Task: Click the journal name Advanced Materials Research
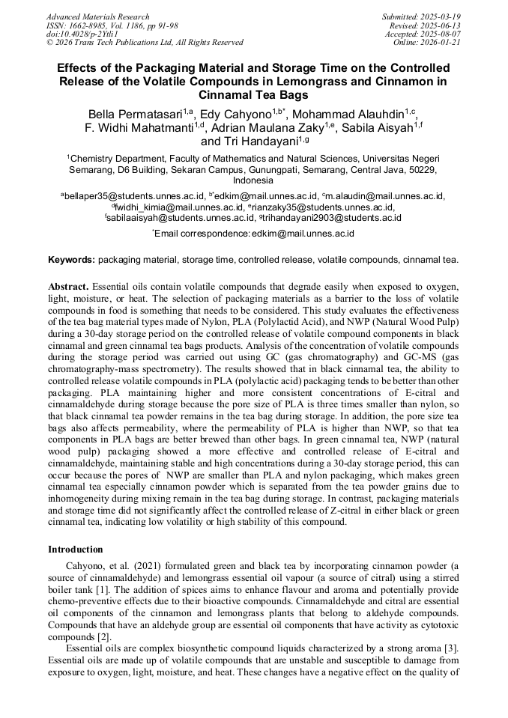coord(97,16)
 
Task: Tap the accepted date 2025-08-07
coord(439,34)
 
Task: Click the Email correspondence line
coord(253,234)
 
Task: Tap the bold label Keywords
coord(71,260)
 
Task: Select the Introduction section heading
coord(75,550)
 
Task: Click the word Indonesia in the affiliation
coord(253,180)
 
